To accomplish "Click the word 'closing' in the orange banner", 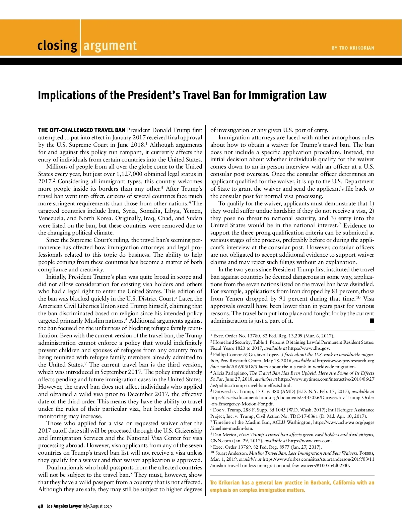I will (57, 46).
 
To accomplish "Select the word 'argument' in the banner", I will (110, 46).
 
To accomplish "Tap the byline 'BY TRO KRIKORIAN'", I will (353, 48).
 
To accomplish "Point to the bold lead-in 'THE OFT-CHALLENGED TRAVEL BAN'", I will (82, 130).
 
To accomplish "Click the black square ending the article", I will (372, 321).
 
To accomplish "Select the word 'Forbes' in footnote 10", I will (366, 453).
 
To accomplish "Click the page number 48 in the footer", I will (41, 506).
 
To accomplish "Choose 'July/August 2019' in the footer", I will (97, 506).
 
